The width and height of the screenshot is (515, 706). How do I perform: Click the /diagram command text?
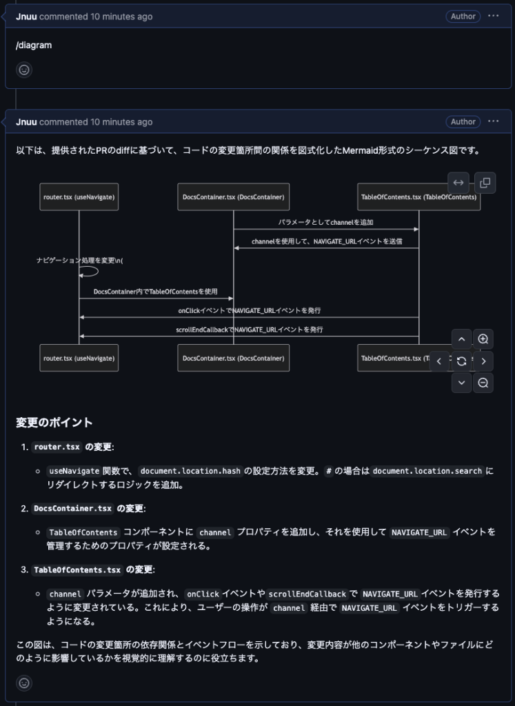(34, 46)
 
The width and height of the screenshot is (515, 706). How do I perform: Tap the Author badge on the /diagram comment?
(463, 17)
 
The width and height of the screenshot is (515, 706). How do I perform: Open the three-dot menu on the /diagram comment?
(493, 17)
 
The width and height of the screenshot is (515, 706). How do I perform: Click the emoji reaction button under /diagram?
(24, 70)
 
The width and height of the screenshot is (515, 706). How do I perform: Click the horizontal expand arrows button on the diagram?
(458, 183)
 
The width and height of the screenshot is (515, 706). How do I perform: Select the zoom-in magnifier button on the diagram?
(483, 339)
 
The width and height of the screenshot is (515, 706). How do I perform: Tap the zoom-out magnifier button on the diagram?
(483, 383)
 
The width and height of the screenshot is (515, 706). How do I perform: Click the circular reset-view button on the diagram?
(461, 361)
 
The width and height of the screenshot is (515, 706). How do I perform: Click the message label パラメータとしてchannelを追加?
(325, 223)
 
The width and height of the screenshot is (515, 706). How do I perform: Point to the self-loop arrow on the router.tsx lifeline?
(90, 271)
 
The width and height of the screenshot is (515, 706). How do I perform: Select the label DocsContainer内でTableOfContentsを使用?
(156, 292)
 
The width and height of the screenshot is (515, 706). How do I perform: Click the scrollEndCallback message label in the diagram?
(250, 330)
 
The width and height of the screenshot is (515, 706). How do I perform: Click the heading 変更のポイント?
(54, 422)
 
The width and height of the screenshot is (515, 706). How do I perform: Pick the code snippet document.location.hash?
(190, 472)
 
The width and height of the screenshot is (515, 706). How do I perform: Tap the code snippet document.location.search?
(427, 472)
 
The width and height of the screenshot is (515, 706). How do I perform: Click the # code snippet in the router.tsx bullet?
(329, 472)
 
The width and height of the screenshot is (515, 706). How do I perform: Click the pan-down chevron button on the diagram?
(461, 383)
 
